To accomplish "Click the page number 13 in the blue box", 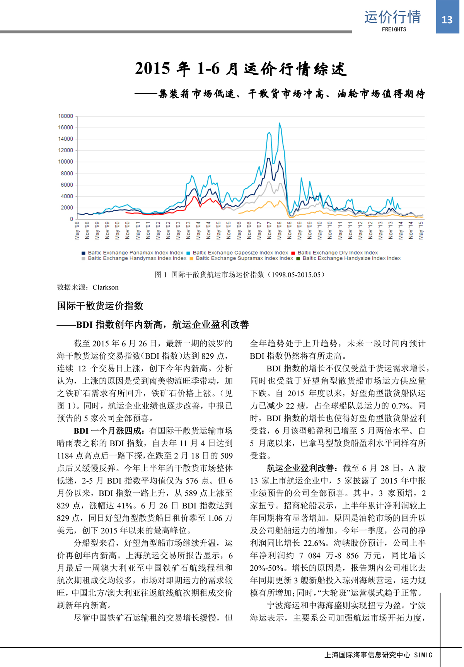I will tap(447, 20).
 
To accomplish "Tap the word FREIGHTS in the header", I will tap(394, 29).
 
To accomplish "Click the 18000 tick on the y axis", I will tap(65, 116).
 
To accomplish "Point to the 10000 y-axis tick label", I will tap(65, 162).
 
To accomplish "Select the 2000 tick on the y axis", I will tap(67, 208).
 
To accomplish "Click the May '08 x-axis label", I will tap(280, 230).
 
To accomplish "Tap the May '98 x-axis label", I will tap(77, 230).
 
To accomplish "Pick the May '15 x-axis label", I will tap(421, 230).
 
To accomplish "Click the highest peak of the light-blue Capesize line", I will tap(279, 123).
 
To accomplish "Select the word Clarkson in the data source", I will tap(106, 287).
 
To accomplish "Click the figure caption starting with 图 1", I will tap(240, 275).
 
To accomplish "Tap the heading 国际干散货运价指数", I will tap(100, 306).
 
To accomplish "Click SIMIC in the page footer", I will tap(423, 655).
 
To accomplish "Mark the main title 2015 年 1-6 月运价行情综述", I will tap(241, 69).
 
